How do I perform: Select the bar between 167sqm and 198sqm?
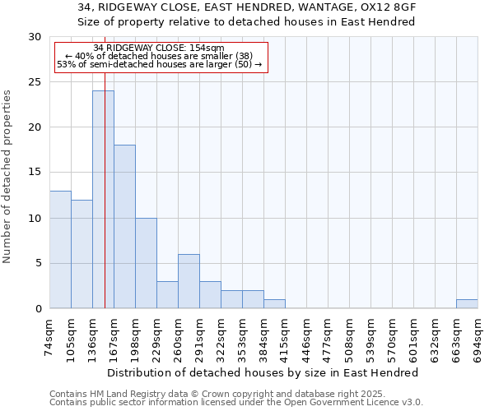coord(124,227)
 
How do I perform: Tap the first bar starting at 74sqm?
coord(60,250)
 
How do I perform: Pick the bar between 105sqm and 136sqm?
coord(82,254)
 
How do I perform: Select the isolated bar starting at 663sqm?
coord(467,304)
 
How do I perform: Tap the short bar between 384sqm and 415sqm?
coord(274,304)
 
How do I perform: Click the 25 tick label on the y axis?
coord(35,82)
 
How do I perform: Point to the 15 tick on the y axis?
coord(35,173)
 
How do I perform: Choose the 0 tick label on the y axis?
coord(38,309)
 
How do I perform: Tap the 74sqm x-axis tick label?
coord(50,336)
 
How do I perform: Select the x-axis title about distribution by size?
coord(263,372)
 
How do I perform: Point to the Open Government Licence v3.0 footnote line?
coord(236,403)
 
